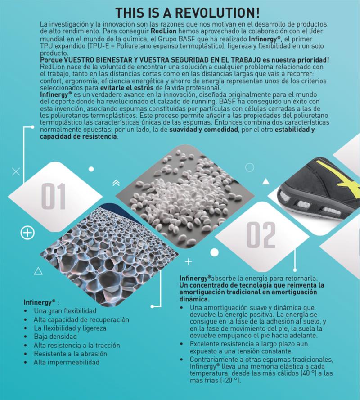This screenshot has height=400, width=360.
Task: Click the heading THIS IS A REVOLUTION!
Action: click(188, 13)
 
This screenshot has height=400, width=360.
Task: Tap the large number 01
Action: click(53, 196)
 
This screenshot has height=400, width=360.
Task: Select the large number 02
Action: click(261, 235)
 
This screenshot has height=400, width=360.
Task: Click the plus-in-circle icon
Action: click(27, 233)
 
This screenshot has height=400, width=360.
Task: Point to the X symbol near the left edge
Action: click(16, 172)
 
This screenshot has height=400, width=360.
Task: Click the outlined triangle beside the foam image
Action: click(38, 271)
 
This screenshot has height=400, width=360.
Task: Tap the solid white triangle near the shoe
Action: click(266, 181)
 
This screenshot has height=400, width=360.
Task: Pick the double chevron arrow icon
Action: click(116, 183)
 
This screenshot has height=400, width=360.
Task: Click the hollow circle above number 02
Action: click(250, 167)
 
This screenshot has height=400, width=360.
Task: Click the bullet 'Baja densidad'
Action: click(55, 337)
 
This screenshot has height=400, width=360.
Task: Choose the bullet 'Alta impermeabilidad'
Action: click(67, 362)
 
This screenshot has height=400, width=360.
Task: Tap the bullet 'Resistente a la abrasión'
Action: click(70, 354)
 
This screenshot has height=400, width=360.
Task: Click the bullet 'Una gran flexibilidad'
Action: click(65, 311)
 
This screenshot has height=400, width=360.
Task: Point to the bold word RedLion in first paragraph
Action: click(163, 31)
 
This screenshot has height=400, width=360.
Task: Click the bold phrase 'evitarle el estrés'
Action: click(127, 88)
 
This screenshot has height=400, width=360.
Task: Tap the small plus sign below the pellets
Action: click(188, 262)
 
